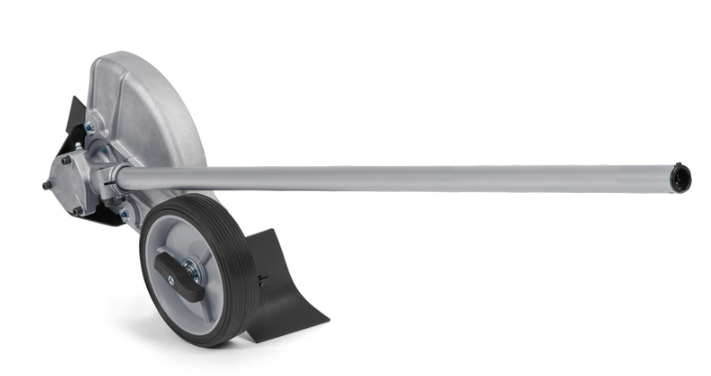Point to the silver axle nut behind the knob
(x=190, y=267)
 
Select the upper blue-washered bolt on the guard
(x=90, y=126)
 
